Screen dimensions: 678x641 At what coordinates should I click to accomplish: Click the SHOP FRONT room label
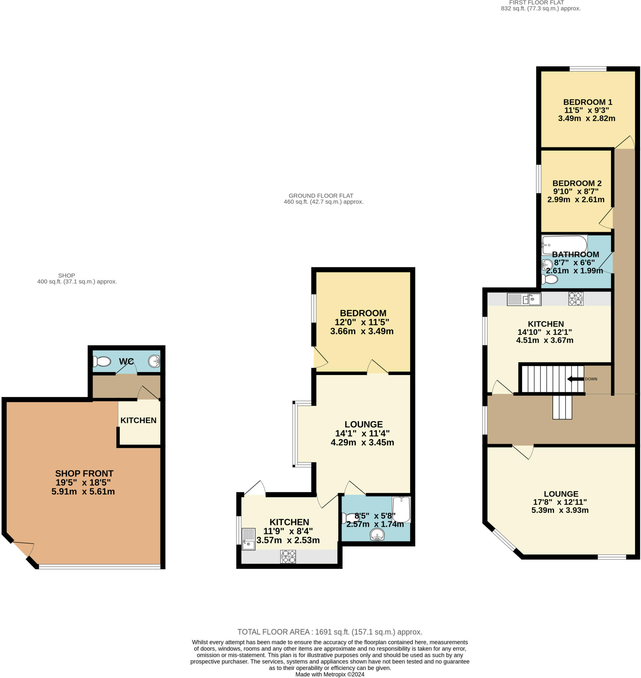(84, 473)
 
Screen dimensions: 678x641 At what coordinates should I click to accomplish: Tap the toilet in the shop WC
(102, 361)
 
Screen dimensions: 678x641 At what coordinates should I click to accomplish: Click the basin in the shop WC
(154, 361)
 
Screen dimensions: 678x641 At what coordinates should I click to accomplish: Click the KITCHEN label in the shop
(138, 420)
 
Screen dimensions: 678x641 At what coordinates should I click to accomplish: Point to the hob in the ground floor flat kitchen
(288, 557)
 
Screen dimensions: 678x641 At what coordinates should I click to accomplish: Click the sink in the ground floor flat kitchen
(248, 539)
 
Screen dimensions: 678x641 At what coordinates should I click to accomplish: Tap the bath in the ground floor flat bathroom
(401, 509)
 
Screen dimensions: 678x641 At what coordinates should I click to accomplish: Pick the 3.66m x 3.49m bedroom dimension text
(362, 331)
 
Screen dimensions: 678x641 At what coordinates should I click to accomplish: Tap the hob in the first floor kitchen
(576, 299)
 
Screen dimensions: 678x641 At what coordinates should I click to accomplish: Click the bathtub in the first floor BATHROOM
(564, 245)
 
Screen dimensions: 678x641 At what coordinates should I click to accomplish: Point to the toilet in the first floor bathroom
(550, 279)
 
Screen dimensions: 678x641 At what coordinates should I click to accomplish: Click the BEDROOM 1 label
(587, 102)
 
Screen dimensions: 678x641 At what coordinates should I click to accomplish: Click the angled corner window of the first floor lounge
(503, 540)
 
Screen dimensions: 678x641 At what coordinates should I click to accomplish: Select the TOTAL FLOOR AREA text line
(330, 632)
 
